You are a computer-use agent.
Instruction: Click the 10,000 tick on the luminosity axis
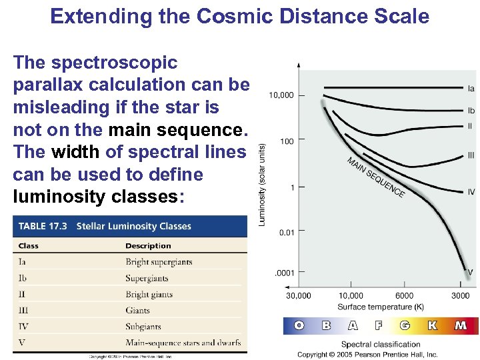tap(281, 95)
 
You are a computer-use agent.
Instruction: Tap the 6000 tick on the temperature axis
tap(404, 295)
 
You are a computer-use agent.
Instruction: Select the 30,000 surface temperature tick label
tap(298, 295)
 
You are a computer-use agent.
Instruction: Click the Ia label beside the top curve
tap(471, 88)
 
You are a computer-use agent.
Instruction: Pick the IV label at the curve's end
tap(471, 192)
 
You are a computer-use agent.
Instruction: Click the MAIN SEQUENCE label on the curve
tap(375, 177)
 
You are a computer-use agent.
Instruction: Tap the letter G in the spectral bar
tap(404, 326)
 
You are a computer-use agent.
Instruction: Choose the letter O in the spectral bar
tap(299, 326)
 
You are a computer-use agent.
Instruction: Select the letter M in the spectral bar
tap(461, 326)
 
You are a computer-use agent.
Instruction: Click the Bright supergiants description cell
tap(159, 262)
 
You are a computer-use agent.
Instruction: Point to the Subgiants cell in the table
tap(143, 327)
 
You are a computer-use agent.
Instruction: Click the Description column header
tap(148, 246)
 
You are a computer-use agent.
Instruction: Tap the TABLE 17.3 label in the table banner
tap(43, 226)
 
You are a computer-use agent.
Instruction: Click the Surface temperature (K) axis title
tap(380, 307)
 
